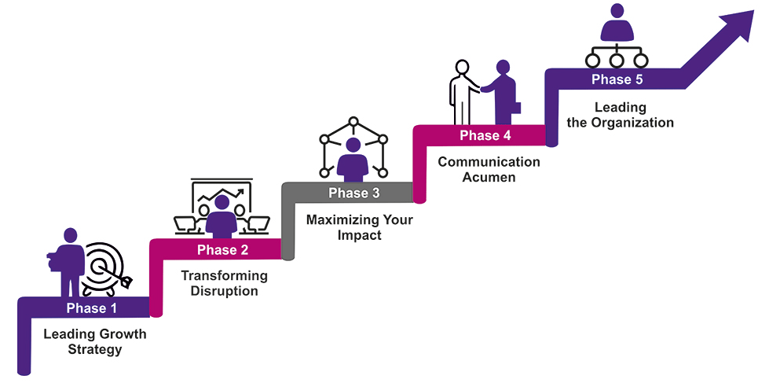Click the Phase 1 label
[92, 308]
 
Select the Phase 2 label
[222, 250]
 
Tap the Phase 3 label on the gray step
[354, 193]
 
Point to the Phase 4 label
[485, 135]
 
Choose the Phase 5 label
[617, 79]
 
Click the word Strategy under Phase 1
[95, 350]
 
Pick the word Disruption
[224, 291]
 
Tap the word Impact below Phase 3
[360, 234]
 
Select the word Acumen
[489, 177]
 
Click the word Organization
[632, 122]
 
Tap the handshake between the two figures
[481, 89]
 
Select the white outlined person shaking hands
[462, 92]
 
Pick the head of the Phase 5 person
[617, 10]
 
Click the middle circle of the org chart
[617, 61]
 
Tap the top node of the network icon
[353, 121]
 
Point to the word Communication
[489, 161]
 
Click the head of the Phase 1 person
[71, 234]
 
